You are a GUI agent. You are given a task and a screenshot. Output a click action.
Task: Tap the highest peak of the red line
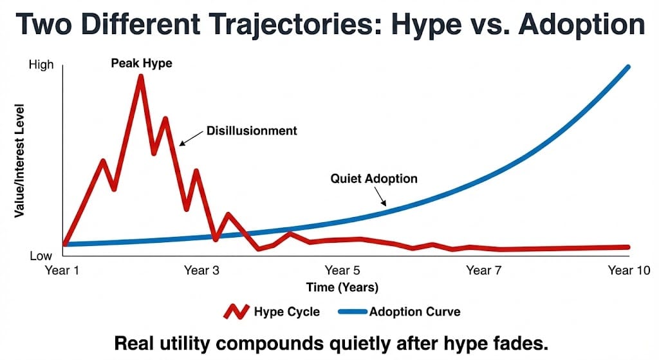[x=140, y=77]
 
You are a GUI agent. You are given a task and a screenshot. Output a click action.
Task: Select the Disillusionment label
[x=252, y=131]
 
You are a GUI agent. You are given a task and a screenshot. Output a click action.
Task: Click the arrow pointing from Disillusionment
[x=191, y=137]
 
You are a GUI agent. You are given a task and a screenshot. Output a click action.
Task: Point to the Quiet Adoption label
[x=374, y=178]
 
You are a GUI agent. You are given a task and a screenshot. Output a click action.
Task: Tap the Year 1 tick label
[x=62, y=270]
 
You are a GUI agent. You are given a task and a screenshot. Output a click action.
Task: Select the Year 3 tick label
[x=201, y=270]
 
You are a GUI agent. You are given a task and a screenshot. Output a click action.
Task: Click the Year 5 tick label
[x=342, y=270]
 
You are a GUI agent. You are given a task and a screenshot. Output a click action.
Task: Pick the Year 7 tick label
[x=483, y=270]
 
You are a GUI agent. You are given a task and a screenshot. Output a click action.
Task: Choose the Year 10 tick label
[x=629, y=270]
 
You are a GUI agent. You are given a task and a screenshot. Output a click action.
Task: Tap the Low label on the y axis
[x=41, y=256]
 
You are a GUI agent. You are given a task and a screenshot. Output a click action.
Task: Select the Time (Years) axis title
[x=342, y=287]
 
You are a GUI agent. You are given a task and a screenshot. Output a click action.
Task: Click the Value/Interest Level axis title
[x=20, y=160]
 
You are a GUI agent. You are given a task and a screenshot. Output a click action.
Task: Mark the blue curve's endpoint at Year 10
[x=627, y=67]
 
